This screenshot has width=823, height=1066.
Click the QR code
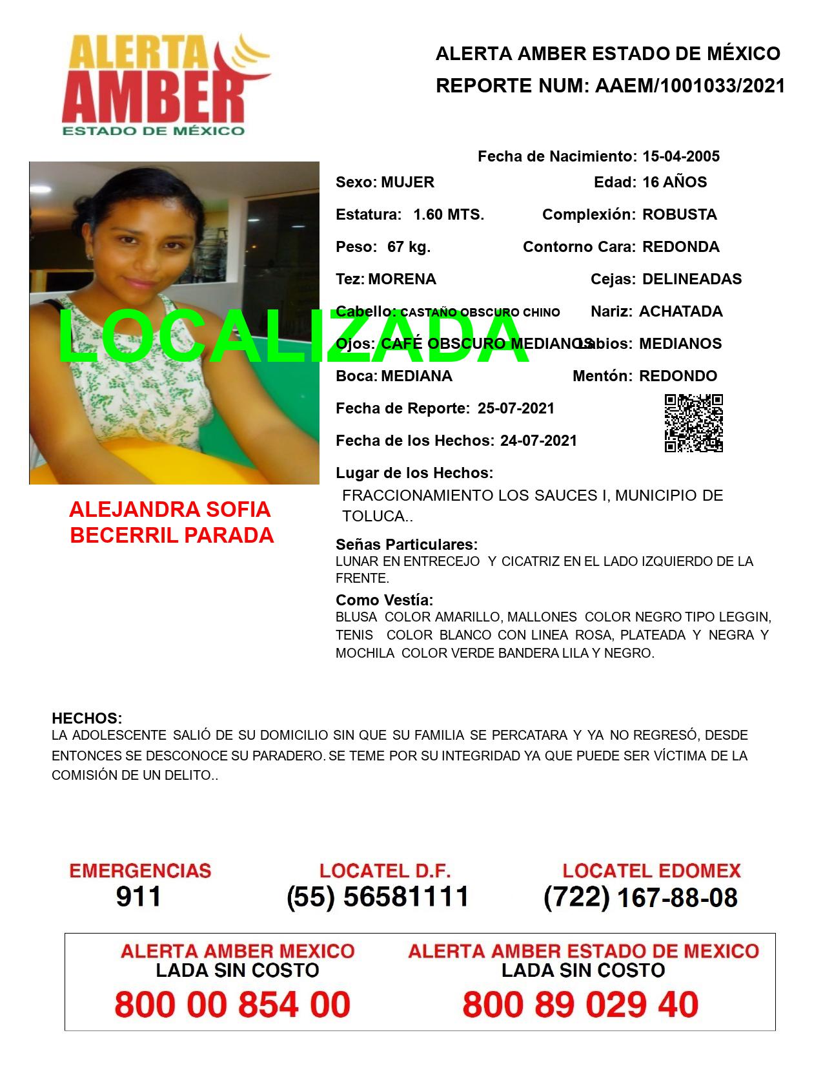pyautogui.click(x=693, y=423)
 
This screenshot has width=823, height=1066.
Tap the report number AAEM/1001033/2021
pyautogui.click(x=687, y=86)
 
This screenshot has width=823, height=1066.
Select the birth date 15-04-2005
pyautogui.click(x=681, y=156)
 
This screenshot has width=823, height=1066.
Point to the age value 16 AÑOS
pyautogui.click(x=675, y=182)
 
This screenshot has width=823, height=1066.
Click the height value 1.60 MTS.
pyautogui.click(x=449, y=214)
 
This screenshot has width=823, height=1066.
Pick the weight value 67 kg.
pyautogui.click(x=409, y=247)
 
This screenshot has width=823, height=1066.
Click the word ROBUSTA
pyautogui.click(x=679, y=214)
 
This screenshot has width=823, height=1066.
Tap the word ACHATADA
pyautogui.click(x=680, y=311)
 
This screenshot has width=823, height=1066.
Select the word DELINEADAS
pyautogui.click(x=692, y=279)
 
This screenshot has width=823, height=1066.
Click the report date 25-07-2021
pyautogui.click(x=516, y=408)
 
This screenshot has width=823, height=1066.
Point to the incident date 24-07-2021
pyautogui.click(x=538, y=441)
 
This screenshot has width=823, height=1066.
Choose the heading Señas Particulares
pyautogui.click(x=407, y=544)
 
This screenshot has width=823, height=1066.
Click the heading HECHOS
pyautogui.click(x=86, y=718)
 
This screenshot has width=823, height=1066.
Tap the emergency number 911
pyautogui.click(x=139, y=897)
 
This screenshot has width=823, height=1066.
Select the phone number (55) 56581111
pyautogui.click(x=378, y=897)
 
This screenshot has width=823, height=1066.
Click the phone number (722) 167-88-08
pyautogui.click(x=640, y=897)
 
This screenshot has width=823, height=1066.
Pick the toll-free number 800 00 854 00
pyautogui.click(x=232, y=1005)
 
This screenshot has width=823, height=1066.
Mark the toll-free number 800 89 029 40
pyautogui.click(x=580, y=1005)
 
